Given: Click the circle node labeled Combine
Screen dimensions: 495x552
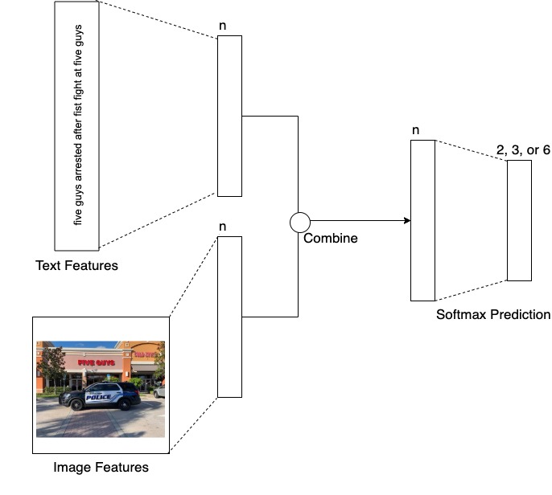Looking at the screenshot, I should [299, 221].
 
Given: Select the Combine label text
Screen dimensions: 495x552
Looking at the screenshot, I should [330, 239].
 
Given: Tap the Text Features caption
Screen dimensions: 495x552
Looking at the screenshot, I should [76, 265].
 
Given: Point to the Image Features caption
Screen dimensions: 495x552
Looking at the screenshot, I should [101, 467].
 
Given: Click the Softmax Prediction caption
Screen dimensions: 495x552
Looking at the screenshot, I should [493, 314].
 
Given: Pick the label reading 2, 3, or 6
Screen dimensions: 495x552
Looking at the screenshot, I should [524, 149].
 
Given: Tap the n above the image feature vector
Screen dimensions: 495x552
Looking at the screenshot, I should [223, 227].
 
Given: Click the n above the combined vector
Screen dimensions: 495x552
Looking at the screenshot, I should [415, 130].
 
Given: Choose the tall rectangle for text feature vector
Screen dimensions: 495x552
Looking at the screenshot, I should [229, 116].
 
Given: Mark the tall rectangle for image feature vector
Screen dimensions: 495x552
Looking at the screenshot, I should [229, 317].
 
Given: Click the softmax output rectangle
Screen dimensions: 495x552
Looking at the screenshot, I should [519, 220].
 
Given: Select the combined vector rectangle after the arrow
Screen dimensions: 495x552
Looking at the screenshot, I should [422, 220].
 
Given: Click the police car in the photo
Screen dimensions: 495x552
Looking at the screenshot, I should [100, 395].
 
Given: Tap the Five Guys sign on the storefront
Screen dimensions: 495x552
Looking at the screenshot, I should [96, 362].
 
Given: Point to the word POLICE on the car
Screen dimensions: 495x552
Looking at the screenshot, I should [100, 396].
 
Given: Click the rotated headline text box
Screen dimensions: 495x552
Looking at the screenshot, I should [77, 125].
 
